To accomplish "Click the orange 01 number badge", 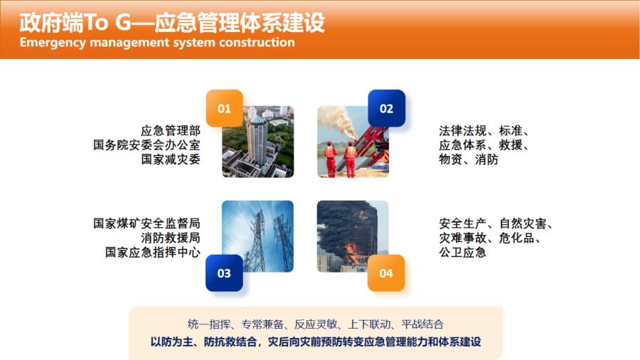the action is click(x=224, y=108).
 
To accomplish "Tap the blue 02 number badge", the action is click(x=386, y=108).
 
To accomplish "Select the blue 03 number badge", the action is click(x=224, y=273).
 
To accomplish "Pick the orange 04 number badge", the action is click(x=386, y=273).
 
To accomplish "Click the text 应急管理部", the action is click(x=171, y=131).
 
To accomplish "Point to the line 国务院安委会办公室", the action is click(x=146, y=145).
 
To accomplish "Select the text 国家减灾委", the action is click(x=171, y=159).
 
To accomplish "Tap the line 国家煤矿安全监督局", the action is click(x=146, y=223).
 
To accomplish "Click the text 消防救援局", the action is click(x=171, y=238).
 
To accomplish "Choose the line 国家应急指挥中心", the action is click(x=153, y=252).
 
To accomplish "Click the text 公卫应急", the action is click(x=462, y=252).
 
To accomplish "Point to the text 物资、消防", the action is click(x=469, y=159).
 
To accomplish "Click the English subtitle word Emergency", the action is click(x=53, y=43).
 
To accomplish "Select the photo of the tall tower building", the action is click(x=257, y=142).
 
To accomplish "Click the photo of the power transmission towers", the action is click(x=257, y=236).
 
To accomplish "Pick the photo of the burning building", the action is click(x=353, y=236).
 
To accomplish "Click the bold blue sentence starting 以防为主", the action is click(x=316, y=342).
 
